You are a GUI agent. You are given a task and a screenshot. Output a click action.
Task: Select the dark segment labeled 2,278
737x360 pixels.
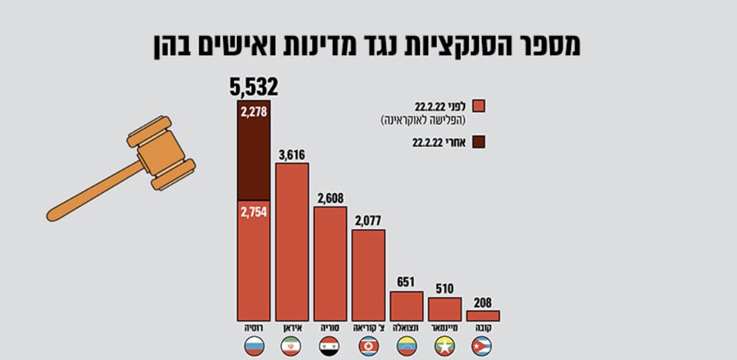coord(254,153)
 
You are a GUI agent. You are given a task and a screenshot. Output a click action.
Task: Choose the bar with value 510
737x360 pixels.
coord(444,309)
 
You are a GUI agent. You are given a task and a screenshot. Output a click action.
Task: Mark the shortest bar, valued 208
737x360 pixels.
coord(483,316)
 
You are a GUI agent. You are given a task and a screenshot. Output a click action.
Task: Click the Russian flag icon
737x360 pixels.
coord(254,345)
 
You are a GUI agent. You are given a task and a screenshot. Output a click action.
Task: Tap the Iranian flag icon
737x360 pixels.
coord(292,345)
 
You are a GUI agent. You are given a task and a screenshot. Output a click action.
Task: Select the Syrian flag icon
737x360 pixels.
coord(330,345)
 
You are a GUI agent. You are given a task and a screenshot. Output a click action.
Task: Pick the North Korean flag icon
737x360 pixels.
coord(368,345)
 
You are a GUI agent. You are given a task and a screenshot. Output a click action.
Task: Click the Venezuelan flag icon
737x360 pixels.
coord(406,345)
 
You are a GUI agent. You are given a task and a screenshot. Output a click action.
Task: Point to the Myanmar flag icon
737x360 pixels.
coord(444,345)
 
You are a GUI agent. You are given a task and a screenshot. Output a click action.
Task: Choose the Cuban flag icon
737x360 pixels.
coord(483,345)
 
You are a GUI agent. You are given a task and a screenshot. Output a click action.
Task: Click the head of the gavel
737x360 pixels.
coord(162,153)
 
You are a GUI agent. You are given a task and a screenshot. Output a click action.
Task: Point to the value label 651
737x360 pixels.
coord(406,282)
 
